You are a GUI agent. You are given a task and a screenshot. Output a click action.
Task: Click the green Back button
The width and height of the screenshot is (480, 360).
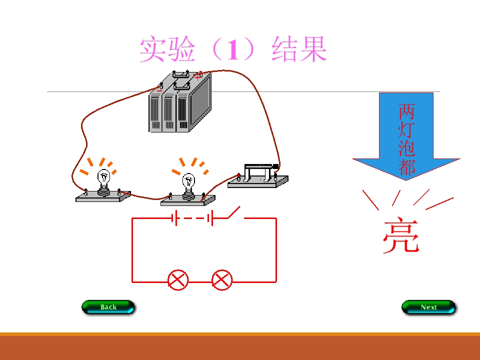tap(108, 307)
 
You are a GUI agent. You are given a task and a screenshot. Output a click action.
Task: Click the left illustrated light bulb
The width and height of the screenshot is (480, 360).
tap(103, 179)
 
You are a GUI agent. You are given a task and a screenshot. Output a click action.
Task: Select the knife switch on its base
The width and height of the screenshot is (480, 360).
tap(258, 175)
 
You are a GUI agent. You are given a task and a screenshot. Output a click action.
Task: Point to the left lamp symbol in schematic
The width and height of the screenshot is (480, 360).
tap(177, 280)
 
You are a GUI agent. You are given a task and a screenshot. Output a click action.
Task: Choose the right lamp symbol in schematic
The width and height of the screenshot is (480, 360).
tap(222, 280)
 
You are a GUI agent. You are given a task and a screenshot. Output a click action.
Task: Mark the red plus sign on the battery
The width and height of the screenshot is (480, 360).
tap(198, 76)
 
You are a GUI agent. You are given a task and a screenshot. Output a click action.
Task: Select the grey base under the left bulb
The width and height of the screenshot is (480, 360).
tap(103, 197)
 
